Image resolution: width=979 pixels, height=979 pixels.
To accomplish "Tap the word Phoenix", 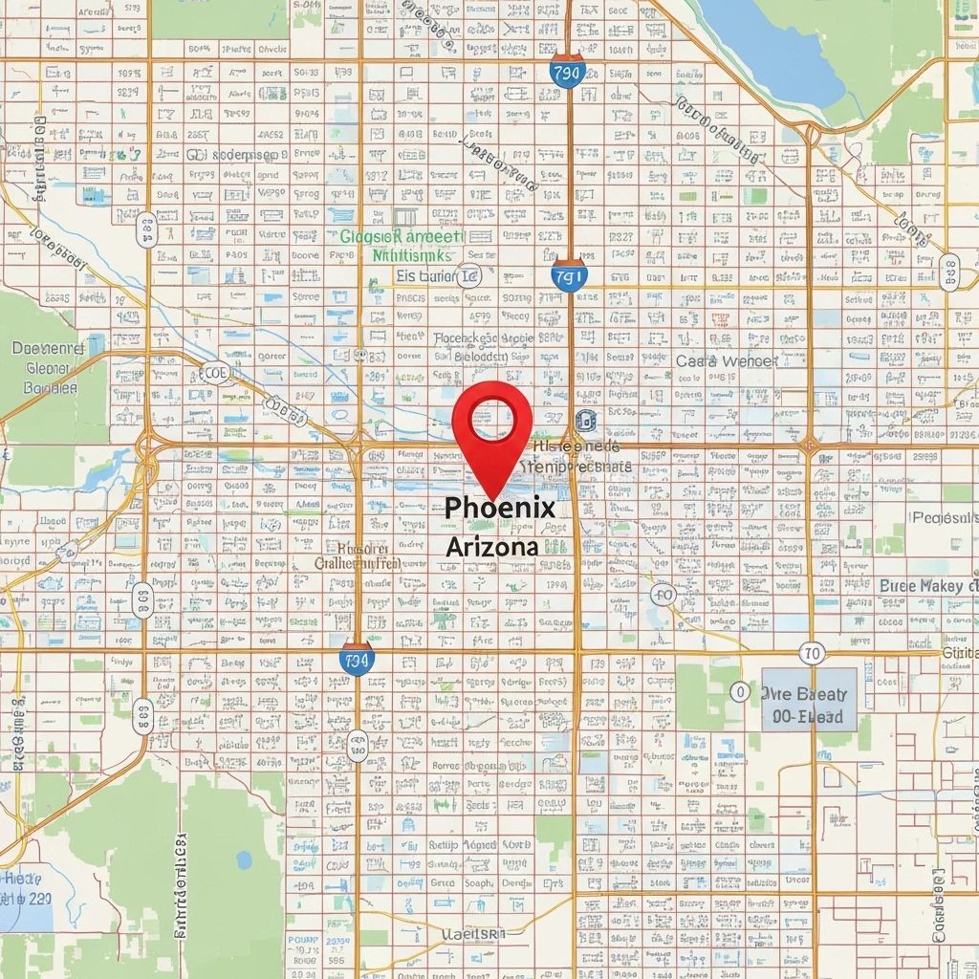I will (x=500, y=508).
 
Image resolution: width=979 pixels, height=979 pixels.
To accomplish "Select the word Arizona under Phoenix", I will (x=491, y=548).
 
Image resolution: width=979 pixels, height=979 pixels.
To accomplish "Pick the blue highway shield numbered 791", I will (x=568, y=276).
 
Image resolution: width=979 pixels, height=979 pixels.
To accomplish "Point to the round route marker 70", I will (x=812, y=654).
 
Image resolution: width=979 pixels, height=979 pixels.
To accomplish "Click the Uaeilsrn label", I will (x=472, y=932).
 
